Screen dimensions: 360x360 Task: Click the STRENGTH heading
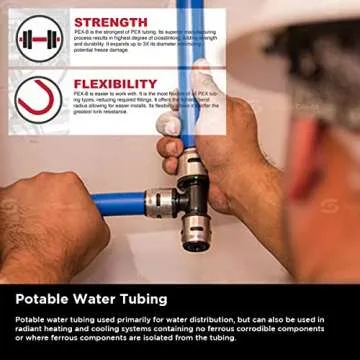point(110,21)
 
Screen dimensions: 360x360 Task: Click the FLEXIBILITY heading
point(115,83)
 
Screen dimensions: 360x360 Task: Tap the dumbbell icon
point(38,37)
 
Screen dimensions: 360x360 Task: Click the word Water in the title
point(96,298)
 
